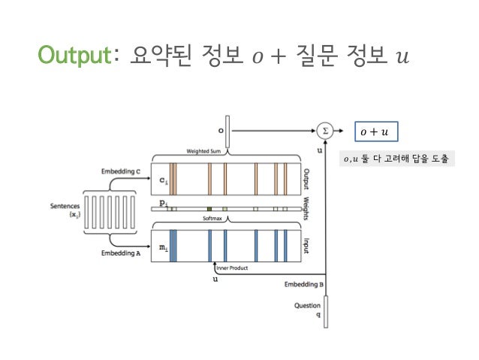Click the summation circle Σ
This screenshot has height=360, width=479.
click(324, 130)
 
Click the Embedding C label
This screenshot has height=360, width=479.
click(121, 172)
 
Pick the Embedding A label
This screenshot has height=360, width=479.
click(120, 253)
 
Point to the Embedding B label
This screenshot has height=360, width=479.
click(305, 285)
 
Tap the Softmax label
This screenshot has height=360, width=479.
click(213, 219)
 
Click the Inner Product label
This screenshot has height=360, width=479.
click(232, 268)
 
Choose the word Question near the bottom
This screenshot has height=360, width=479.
click(309, 306)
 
